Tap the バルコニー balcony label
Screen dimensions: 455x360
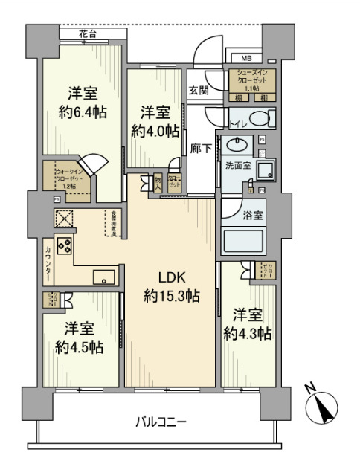160,422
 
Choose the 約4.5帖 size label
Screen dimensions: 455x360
78,346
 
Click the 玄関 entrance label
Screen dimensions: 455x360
199,90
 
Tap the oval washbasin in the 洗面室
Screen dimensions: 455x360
237,145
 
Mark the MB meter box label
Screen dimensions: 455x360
245,58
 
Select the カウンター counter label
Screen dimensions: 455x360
48,263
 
